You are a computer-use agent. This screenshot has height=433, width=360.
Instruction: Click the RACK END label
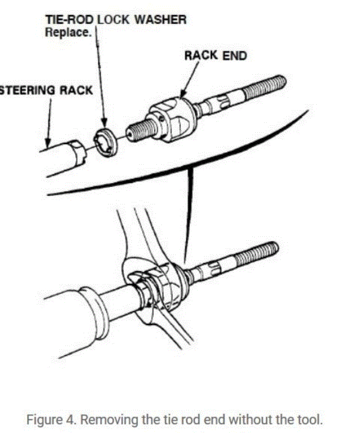tap(215, 55)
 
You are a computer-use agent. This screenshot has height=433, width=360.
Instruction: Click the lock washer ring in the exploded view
tap(105, 142)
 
